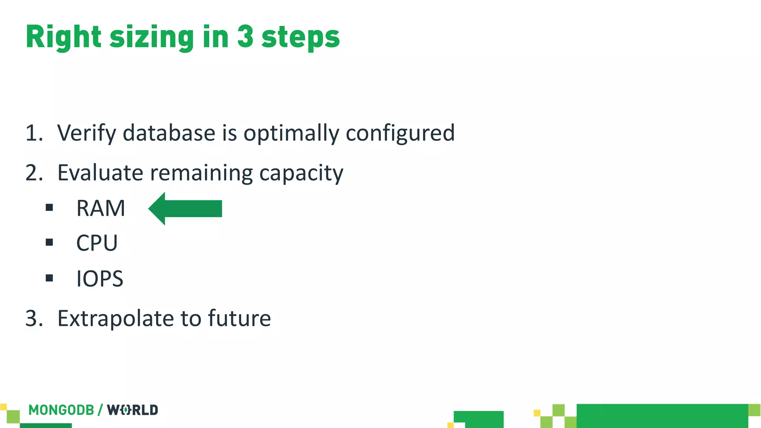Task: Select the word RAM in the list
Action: [101, 208]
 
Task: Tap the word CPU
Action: [97, 243]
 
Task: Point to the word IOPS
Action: [100, 279]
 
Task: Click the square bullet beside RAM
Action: [49, 207]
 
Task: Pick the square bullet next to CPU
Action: [49, 243]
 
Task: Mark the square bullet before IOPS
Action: [49, 278]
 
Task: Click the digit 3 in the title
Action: [245, 37]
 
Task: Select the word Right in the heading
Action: [64, 37]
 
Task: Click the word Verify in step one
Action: [87, 133]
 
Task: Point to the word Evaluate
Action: [100, 173]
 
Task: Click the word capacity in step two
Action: [301, 174]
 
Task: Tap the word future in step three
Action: [239, 318]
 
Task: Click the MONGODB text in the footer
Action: [61, 410]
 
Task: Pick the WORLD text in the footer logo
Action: [133, 410]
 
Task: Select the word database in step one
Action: [169, 133]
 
